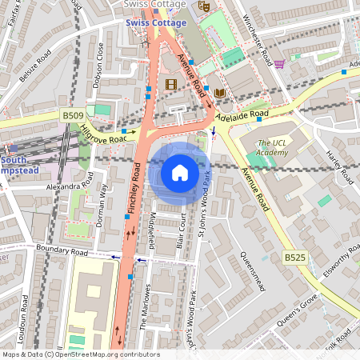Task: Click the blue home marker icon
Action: (x=180, y=172)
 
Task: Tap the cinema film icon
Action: (x=170, y=83)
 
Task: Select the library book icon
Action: (x=220, y=94)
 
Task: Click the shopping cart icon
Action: (x=279, y=64)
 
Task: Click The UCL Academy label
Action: (x=272, y=148)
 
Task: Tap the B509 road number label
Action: (x=73, y=116)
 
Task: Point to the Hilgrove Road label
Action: (x=105, y=135)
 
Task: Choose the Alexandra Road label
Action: (x=70, y=186)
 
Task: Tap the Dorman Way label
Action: (x=102, y=205)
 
